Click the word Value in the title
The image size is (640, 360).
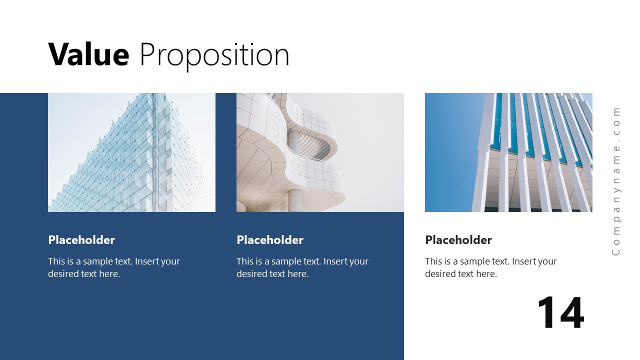pyautogui.click(x=88, y=54)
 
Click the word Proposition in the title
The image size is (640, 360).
pyautogui.click(x=214, y=55)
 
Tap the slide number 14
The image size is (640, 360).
pyautogui.click(x=560, y=313)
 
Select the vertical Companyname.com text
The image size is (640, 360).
pyautogui.click(x=616, y=181)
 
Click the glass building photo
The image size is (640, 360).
pyautogui.click(x=131, y=152)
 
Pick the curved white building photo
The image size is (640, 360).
pyautogui.click(x=320, y=152)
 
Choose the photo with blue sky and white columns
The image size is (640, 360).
pyautogui.click(x=508, y=152)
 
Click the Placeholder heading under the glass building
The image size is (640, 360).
pyautogui.click(x=81, y=240)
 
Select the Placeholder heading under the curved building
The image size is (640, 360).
pyautogui.click(x=270, y=240)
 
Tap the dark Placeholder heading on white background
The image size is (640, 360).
pyautogui.click(x=458, y=240)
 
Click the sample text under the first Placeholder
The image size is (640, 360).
pyautogui.click(x=113, y=267)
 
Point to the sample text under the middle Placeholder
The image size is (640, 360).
pyautogui.click(x=302, y=267)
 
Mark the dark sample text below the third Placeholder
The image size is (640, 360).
pyautogui.click(x=490, y=267)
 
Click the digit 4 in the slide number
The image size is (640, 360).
pyautogui.click(x=571, y=313)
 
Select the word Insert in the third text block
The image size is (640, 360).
pyautogui.click(x=524, y=261)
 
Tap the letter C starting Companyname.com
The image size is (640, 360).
pyautogui.click(x=616, y=251)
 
